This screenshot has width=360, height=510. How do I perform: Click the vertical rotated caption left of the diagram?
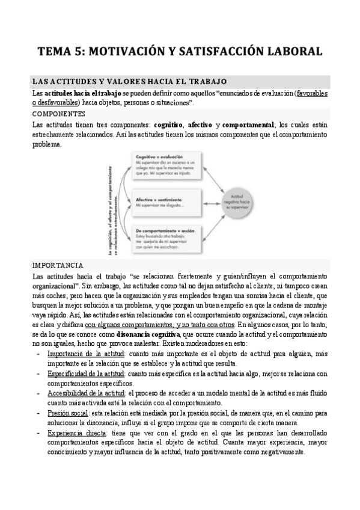click(x=112, y=201)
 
